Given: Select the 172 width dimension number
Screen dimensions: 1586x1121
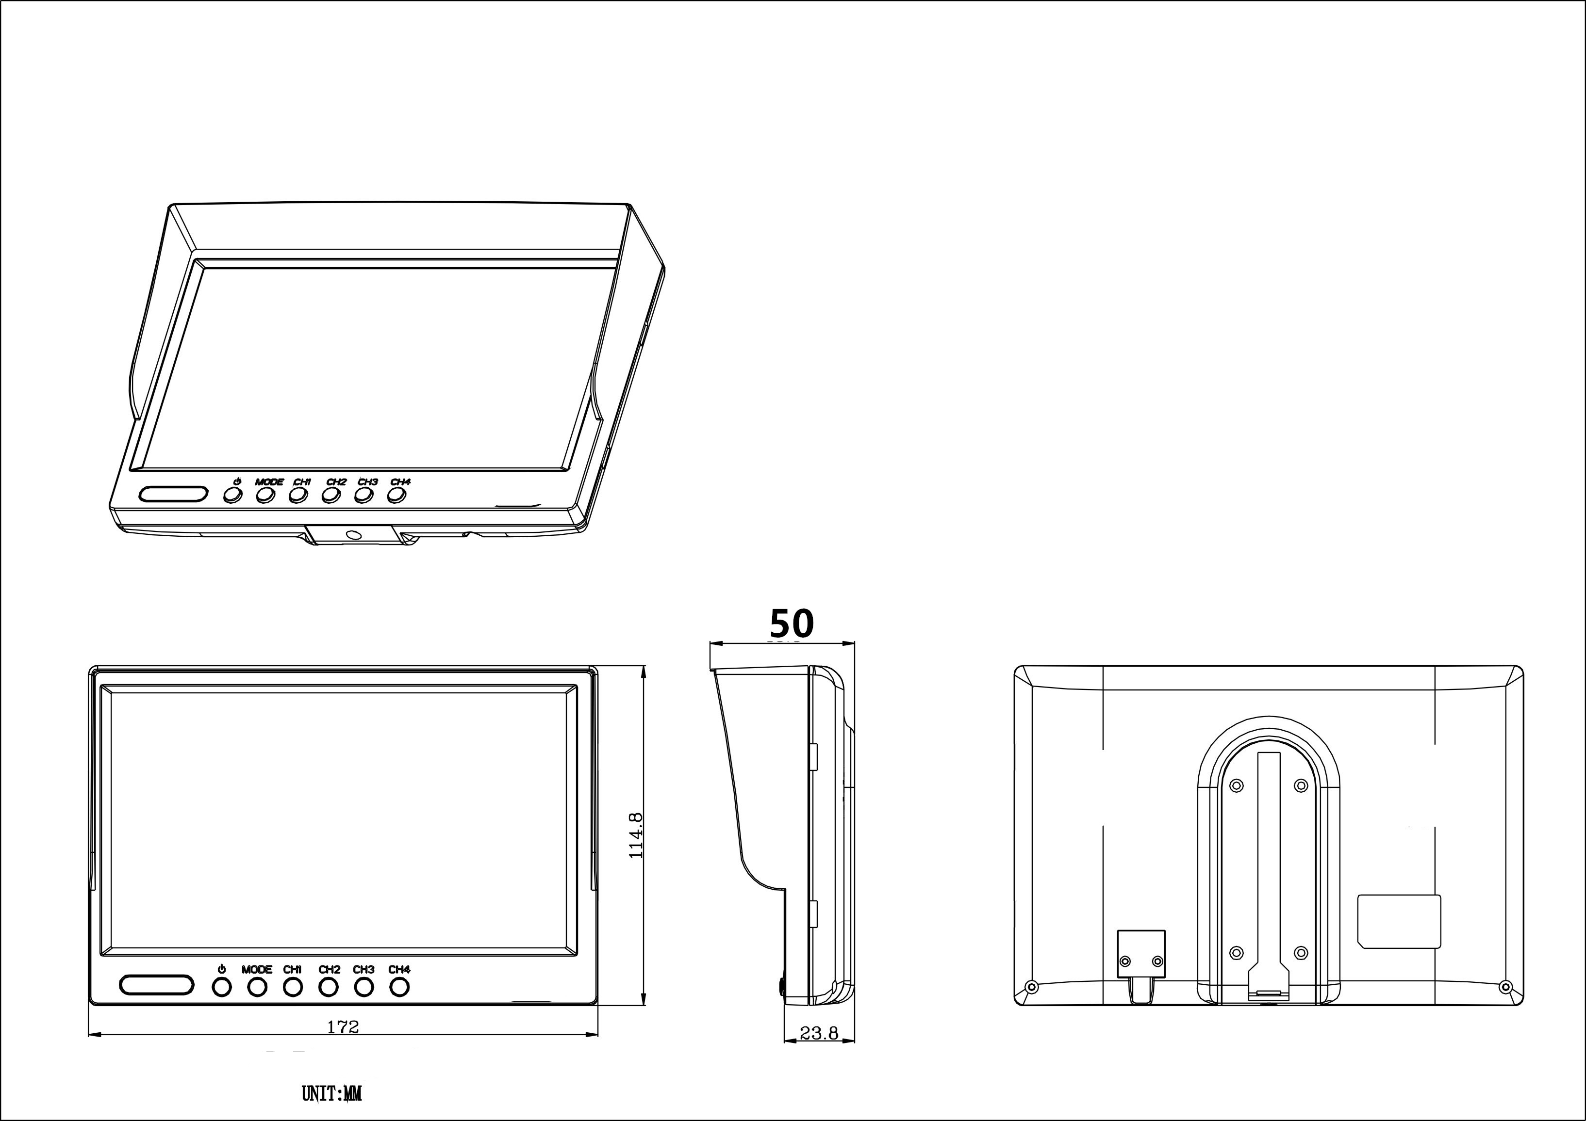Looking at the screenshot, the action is [343, 1027].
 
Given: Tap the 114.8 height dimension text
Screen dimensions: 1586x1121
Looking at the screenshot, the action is [636, 835].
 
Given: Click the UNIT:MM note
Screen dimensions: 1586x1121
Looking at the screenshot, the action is [331, 1093].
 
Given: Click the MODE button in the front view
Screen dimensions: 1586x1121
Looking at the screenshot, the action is [257, 988].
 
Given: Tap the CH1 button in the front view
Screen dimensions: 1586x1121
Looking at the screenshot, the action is [293, 988].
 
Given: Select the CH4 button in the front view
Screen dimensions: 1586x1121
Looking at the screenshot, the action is [399, 988].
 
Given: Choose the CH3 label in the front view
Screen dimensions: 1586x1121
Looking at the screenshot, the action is [364, 969].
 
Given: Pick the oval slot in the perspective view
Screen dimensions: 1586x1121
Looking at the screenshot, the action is [173, 494].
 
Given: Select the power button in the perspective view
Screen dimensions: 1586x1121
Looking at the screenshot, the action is [232, 496].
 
